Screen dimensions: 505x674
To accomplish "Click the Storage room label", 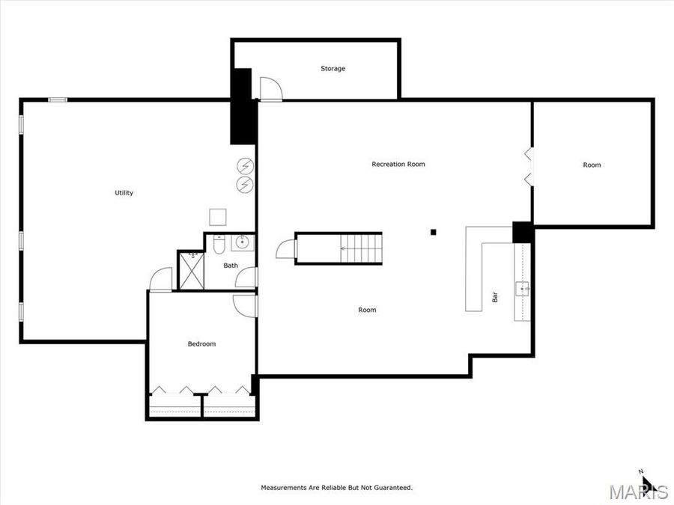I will point(333,69).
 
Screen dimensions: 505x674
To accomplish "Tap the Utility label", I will point(124,193).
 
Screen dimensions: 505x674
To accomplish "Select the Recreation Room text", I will point(398,164).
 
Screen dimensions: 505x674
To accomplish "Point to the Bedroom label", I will point(201,344).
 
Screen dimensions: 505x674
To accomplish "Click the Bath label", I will point(231,266).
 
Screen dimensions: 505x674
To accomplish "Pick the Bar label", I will point(495,297).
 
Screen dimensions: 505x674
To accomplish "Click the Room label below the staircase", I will point(367,310).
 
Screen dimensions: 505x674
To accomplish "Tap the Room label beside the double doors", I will point(592,165).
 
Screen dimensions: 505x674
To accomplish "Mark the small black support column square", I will point(433,232).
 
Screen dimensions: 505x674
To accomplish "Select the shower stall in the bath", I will point(191,270).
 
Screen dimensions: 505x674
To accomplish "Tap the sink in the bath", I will point(243,242).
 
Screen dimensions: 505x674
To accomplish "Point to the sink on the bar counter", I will point(522,287).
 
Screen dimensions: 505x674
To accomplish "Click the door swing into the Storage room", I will point(270,88).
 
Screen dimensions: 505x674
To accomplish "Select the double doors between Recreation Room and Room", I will point(529,166).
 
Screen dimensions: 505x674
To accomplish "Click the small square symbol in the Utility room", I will point(218,217).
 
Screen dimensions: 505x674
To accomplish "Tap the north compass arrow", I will point(648,483).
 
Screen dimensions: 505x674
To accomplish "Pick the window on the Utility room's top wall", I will point(58,100).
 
